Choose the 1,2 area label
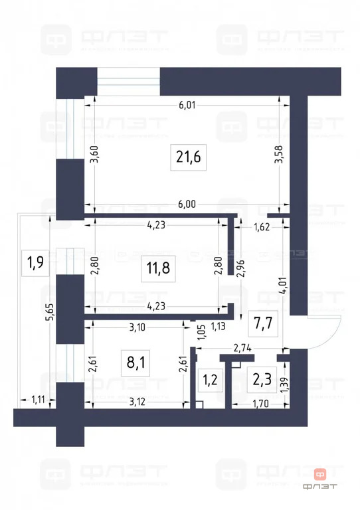[209, 381]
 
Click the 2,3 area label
[260, 381]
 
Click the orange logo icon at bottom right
[320, 473]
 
